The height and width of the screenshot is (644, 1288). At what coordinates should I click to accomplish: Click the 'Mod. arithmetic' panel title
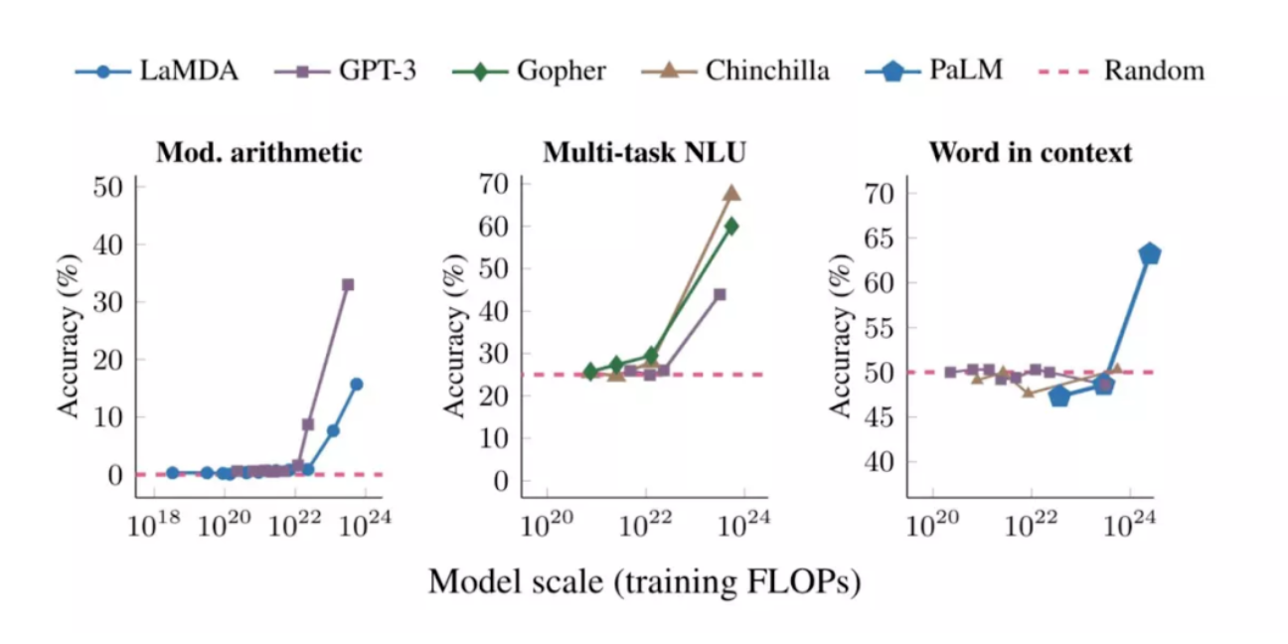click(x=258, y=152)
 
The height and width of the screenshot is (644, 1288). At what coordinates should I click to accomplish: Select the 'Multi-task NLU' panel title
click(x=644, y=152)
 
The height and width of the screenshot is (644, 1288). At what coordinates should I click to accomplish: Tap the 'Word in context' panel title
click(x=1031, y=152)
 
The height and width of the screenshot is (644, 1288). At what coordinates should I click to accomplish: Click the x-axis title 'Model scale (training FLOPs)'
click(x=644, y=582)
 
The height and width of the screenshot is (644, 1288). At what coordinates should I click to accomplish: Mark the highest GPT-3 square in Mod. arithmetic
click(x=348, y=285)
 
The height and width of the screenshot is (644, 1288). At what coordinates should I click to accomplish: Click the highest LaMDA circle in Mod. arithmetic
click(x=356, y=384)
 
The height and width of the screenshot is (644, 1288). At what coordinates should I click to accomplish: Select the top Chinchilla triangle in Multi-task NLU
click(x=731, y=193)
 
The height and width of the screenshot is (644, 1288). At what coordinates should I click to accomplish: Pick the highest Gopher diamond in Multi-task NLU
click(x=731, y=226)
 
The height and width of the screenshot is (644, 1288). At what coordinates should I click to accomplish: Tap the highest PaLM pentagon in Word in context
click(x=1150, y=253)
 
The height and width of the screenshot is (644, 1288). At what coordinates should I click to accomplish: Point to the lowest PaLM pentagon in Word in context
click(x=1059, y=397)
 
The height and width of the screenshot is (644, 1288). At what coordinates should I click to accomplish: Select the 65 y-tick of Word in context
click(x=881, y=238)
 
